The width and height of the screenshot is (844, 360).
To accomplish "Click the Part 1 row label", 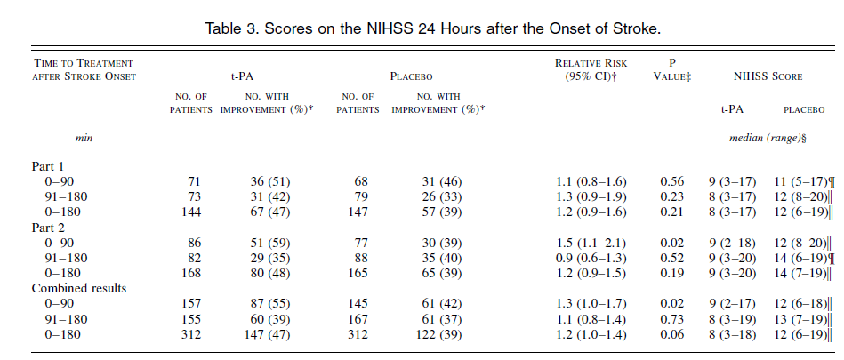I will click(x=50, y=166).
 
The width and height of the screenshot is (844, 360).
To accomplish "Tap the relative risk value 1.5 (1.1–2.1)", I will click(x=586, y=242).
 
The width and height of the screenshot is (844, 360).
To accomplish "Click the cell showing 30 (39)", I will click(x=436, y=242).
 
